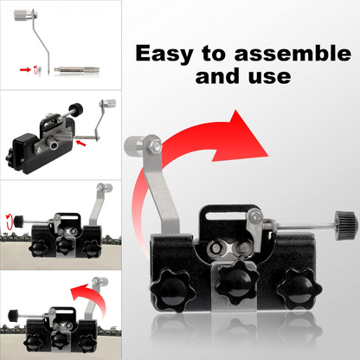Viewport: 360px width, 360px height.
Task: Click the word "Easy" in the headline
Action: pos(164,54)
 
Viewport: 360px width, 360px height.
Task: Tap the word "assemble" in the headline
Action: pos(292,53)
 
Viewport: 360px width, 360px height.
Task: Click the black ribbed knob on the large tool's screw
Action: pos(345,223)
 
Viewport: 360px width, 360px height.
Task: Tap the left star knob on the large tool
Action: pos(173,291)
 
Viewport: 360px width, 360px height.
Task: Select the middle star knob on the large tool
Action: pos(237,282)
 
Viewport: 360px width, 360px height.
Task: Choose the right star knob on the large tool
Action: pos(299,290)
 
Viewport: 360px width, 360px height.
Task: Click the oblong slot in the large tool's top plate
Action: pos(222,213)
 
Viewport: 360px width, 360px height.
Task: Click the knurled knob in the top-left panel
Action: pos(23,15)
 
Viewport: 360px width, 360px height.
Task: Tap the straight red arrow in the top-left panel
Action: pos(25,69)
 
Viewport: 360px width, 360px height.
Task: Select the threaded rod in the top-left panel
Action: pos(76,70)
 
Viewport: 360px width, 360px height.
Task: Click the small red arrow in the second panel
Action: pos(80,143)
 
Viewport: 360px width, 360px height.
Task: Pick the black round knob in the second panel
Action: pos(76,110)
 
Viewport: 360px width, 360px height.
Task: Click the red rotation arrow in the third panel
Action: pos(10,221)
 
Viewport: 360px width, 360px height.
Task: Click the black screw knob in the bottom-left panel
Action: pos(13,314)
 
